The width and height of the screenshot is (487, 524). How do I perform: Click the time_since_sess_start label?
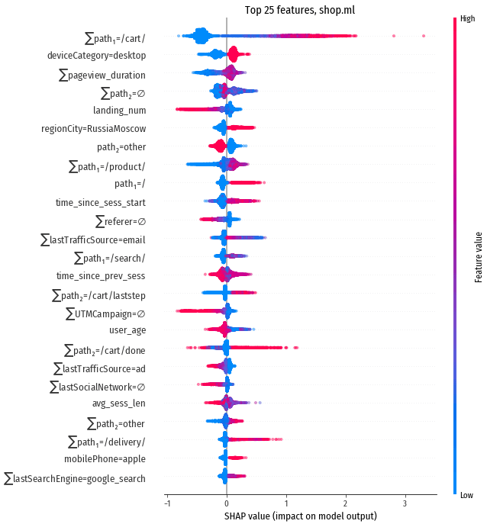[x=101, y=203]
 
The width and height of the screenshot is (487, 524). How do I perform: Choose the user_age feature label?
[x=127, y=330]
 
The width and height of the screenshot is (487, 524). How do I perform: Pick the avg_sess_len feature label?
[x=119, y=403]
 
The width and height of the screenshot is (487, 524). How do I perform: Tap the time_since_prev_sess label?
[x=101, y=275]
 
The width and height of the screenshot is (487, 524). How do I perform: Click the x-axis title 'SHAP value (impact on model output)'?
[x=301, y=516]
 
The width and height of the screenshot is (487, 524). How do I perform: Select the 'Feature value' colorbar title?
[x=478, y=257]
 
